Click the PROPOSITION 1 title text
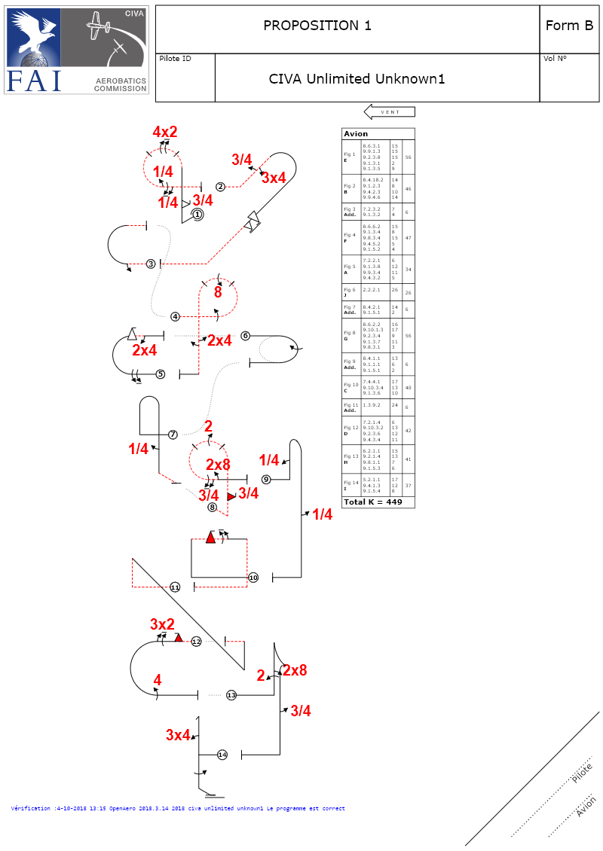click(317, 26)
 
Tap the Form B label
click(569, 26)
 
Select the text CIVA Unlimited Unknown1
click(357, 78)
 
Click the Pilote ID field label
click(175, 59)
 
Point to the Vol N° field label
click(555, 59)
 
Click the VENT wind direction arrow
click(390, 112)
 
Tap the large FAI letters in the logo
click(34, 81)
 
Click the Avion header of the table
click(356, 134)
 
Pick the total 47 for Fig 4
click(408, 238)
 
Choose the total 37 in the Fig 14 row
click(408, 486)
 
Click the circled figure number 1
click(197, 215)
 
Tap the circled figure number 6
click(245, 336)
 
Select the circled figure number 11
click(175, 587)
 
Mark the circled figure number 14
click(222, 754)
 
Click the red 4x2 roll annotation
click(165, 133)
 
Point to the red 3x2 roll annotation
click(162, 624)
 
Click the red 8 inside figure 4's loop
click(218, 292)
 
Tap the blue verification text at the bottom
click(178, 809)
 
